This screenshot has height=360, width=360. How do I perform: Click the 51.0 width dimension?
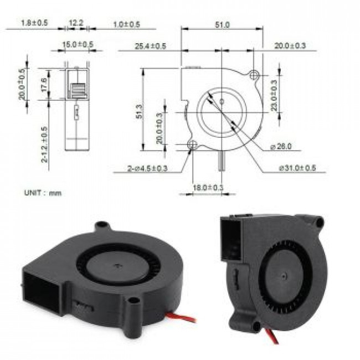click(x=222, y=24)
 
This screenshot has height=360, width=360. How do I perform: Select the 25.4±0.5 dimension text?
click(x=150, y=46)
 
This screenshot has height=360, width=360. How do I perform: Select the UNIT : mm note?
click(x=43, y=193)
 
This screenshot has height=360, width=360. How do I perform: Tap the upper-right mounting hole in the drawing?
click(x=255, y=74)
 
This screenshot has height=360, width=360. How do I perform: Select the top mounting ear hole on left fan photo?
click(x=101, y=227)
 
